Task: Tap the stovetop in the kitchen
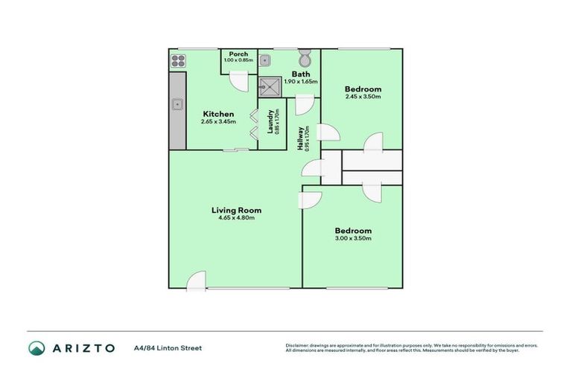pyautogui.click(x=177, y=61)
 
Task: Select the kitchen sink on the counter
pyautogui.click(x=177, y=105)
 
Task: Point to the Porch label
pyautogui.click(x=238, y=54)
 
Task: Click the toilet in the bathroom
pyautogui.click(x=305, y=59)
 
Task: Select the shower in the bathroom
pyautogui.click(x=271, y=87)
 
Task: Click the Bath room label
pyautogui.click(x=301, y=74)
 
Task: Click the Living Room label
pyautogui.click(x=236, y=210)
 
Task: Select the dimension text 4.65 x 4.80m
pyautogui.click(x=236, y=218)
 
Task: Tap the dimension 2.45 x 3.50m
pyautogui.click(x=363, y=97)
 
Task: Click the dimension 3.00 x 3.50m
pyautogui.click(x=352, y=238)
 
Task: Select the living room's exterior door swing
pyautogui.click(x=196, y=281)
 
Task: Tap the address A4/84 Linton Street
pyautogui.click(x=168, y=348)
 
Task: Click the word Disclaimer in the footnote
pyautogui.click(x=297, y=345)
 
